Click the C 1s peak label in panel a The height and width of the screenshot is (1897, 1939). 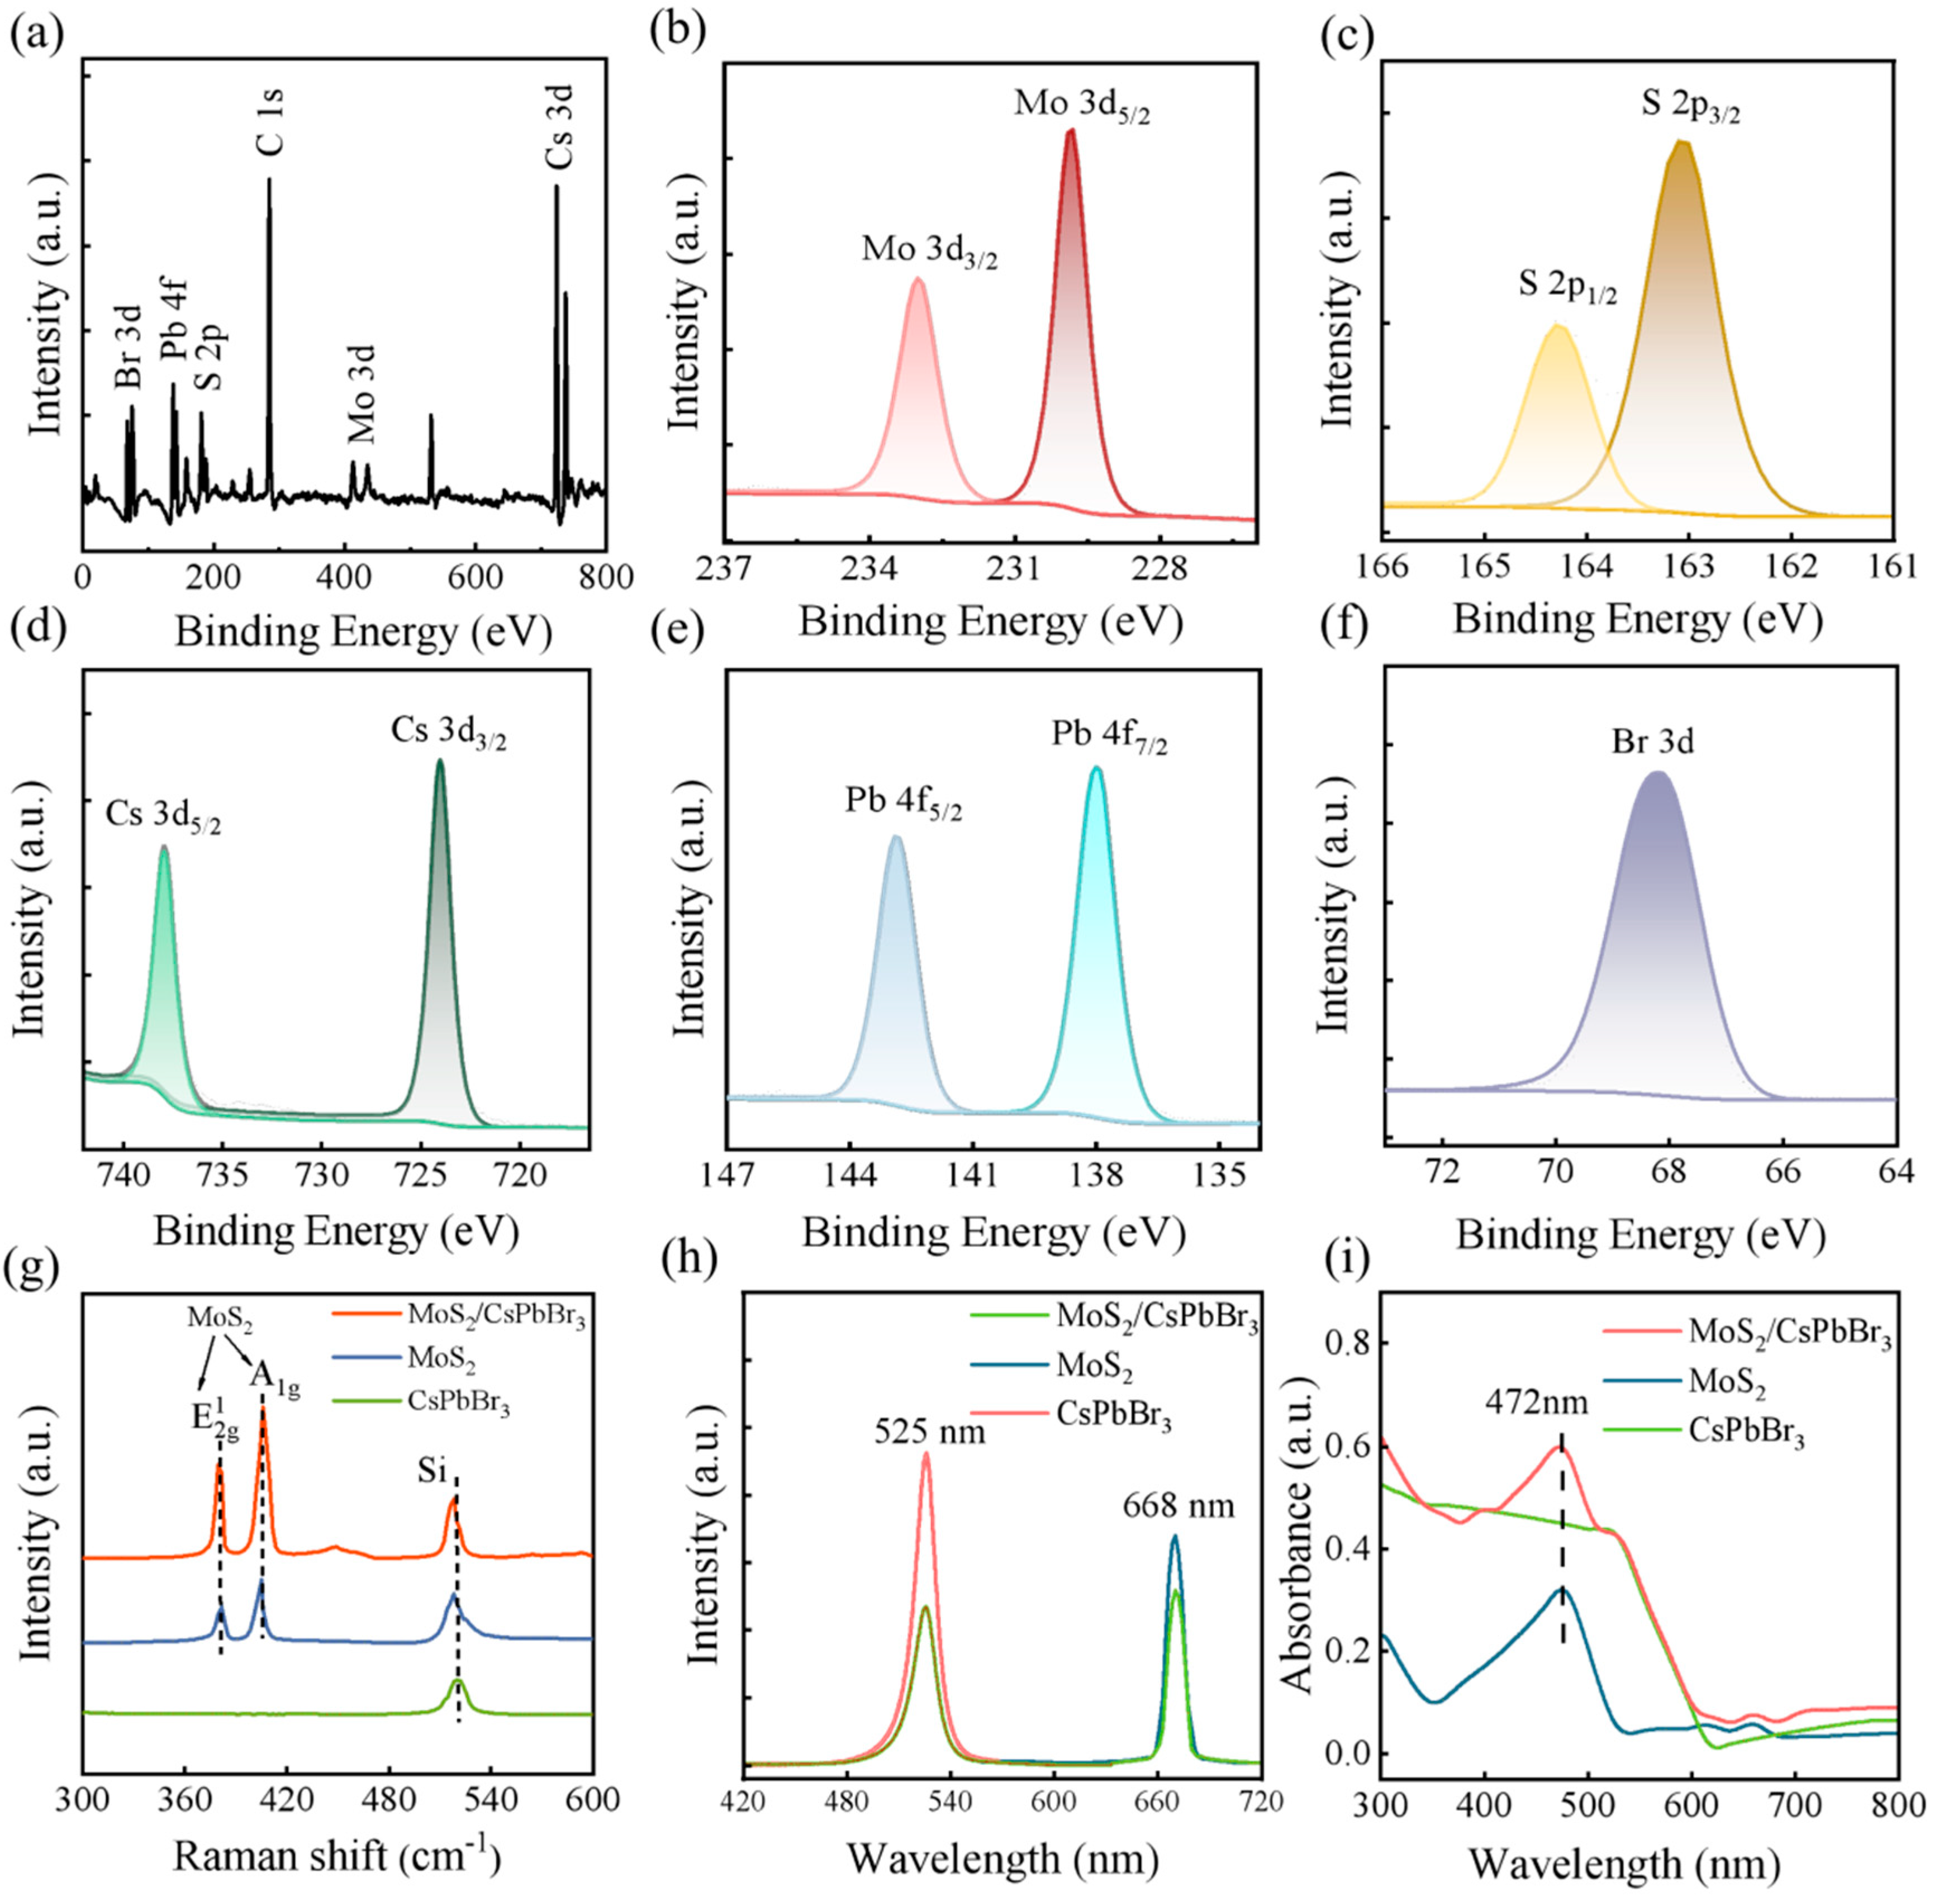point(269,122)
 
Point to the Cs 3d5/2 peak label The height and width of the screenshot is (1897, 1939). point(163,819)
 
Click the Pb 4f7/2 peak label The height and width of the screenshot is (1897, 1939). point(1109,736)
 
